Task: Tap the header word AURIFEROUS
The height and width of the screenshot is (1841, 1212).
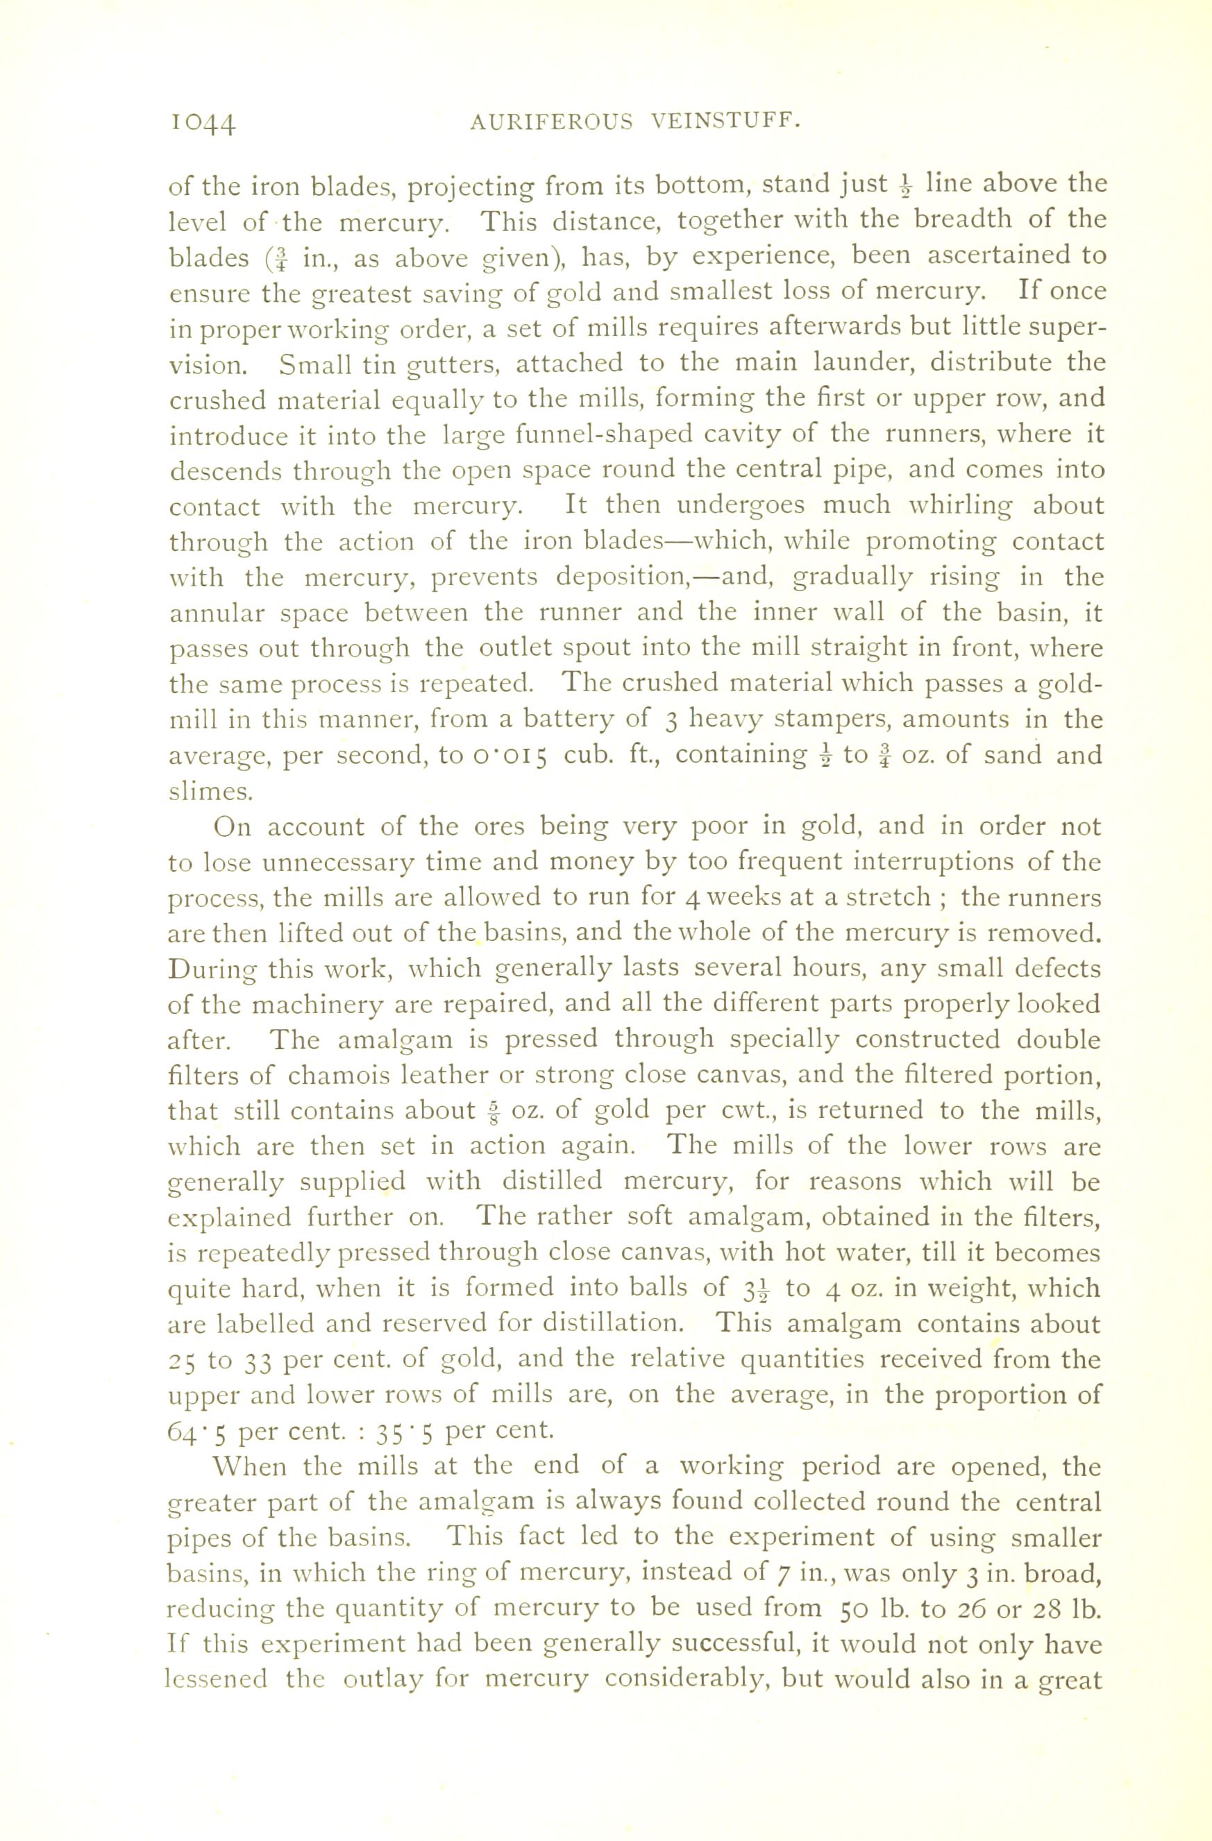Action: coord(552,122)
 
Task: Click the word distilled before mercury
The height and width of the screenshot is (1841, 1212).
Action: coord(551,1182)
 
